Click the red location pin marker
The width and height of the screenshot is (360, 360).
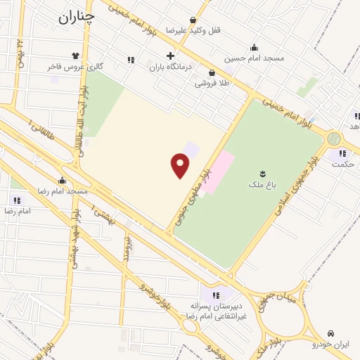(181, 166)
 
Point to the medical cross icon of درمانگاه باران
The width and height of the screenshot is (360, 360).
(169, 56)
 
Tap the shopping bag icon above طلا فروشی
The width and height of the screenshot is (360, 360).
(212, 72)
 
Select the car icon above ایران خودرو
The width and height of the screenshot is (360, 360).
(330, 333)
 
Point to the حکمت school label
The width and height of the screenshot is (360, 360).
(342, 165)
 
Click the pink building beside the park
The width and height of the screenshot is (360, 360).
(219, 169)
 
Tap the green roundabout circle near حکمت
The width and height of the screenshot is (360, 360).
(334, 139)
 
